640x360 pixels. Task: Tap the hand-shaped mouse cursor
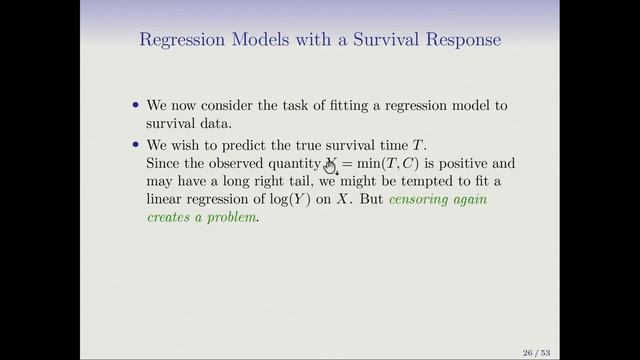coord(330,166)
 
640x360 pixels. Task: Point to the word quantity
coord(293,163)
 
